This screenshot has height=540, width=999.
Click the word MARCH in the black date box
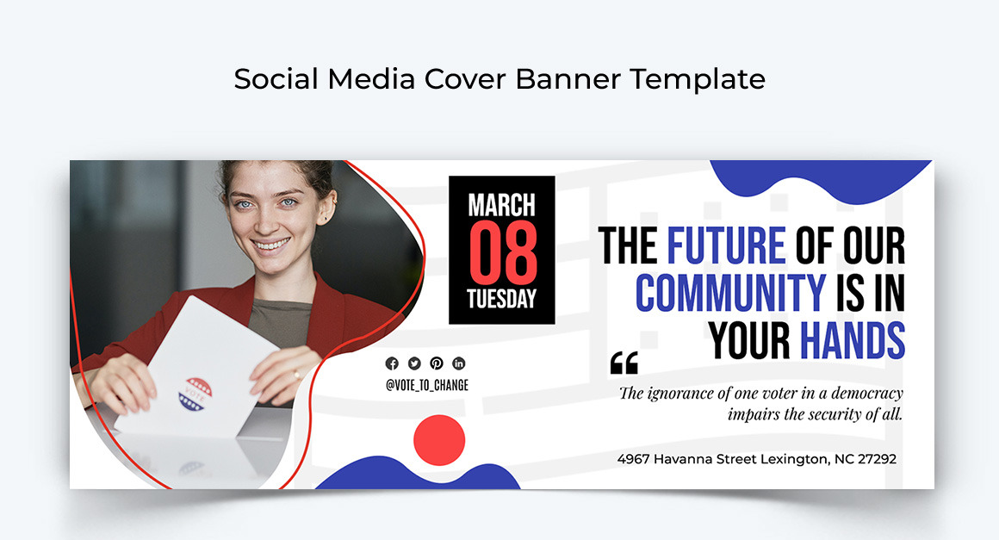[501, 205]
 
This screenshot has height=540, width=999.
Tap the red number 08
[503, 253]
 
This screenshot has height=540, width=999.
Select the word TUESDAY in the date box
[501, 299]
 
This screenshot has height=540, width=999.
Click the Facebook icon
[392, 363]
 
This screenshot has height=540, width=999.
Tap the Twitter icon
[414, 363]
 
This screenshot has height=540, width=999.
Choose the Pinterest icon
[437, 363]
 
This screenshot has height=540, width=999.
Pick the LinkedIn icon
[459, 363]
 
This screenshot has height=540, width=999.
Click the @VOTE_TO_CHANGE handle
[427, 385]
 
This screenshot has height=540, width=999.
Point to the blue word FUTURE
[726, 245]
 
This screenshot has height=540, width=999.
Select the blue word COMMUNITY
[731, 293]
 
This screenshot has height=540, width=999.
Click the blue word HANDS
[853, 341]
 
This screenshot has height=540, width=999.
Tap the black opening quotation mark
[624, 363]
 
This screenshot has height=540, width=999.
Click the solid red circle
[439, 440]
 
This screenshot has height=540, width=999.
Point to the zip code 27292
[877, 458]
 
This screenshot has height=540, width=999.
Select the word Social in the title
[276, 79]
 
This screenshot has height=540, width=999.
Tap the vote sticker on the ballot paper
[195, 394]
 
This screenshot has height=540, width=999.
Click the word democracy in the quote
[867, 393]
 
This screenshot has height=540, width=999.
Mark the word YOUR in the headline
[749, 341]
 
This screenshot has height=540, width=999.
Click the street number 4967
[633, 458]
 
